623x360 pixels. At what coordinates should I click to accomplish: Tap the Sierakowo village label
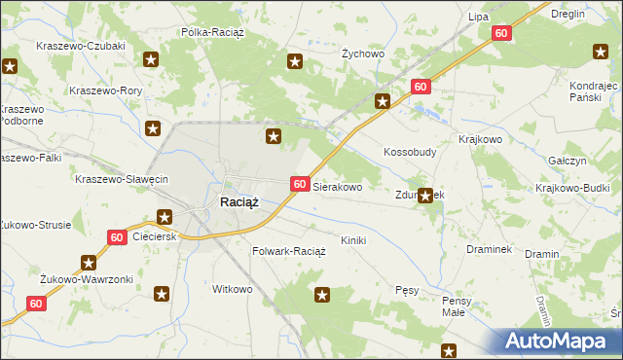[338, 185]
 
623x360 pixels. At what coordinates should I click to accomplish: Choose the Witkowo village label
[233, 289]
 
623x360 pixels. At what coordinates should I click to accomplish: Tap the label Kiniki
[352, 239]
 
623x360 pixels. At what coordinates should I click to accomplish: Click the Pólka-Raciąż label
[215, 32]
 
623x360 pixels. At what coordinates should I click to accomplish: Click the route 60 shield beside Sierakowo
[300, 184]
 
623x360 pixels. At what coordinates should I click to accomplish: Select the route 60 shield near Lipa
[500, 33]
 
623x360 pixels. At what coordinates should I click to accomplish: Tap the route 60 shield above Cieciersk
[116, 237]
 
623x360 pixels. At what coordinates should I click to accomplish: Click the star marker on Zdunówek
[424, 196]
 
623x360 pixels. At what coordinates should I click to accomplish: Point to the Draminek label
[489, 249]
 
